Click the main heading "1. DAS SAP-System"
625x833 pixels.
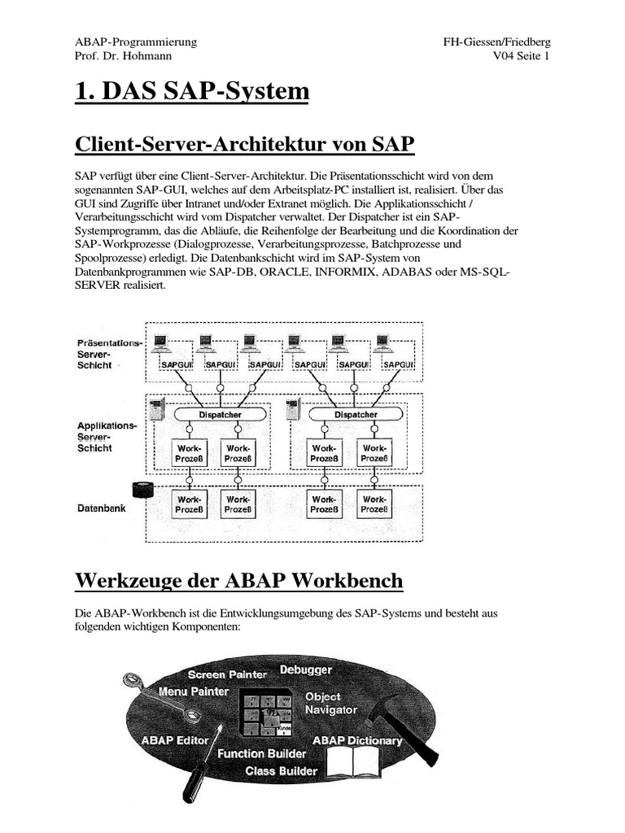point(192,92)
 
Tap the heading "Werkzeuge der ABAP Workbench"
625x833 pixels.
point(238,580)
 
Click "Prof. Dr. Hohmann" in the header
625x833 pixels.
point(123,56)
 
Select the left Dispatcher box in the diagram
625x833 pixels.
point(220,415)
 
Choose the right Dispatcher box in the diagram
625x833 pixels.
point(356,415)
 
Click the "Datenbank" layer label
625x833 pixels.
point(102,508)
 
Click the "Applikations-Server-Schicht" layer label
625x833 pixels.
point(107,437)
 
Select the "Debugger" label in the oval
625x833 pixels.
point(306,669)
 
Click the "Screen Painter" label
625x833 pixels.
point(227,674)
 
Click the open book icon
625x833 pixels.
point(359,765)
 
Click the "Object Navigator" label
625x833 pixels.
point(330,704)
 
